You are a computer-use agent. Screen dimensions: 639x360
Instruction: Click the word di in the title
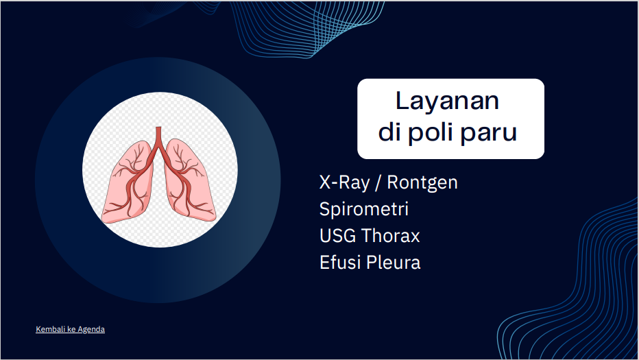click(x=389, y=132)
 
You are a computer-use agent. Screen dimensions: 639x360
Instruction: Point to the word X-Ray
click(x=344, y=182)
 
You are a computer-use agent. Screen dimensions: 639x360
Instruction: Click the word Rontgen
click(x=422, y=183)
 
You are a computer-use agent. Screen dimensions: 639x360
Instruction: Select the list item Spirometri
click(x=364, y=209)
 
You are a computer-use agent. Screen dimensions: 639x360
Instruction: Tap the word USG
click(x=337, y=236)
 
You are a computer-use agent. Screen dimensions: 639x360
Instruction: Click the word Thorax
click(x=390, y=236)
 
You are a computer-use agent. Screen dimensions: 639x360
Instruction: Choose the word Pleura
click(x=393, y=262)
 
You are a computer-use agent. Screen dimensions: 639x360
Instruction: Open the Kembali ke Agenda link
click(x=70, y=329)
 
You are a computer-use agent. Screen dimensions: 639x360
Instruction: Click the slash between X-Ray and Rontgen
click(x=378, y=183)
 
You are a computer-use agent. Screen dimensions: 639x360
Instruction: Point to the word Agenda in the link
click(x=91, y=329)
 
